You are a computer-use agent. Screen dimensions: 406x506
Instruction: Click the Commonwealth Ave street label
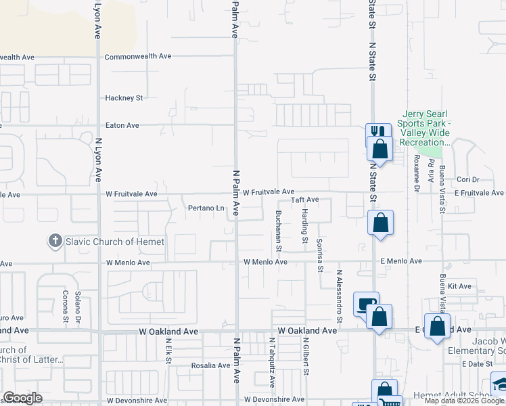pyautogui.click(x=138, y=56)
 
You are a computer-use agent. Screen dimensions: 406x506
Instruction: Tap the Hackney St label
pyautogui.click(x=124, y=98)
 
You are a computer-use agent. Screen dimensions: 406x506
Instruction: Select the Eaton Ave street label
pyautogui.click(x=122, y=125)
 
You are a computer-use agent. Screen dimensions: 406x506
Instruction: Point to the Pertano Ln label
pyautogui.click(x=206, y=208)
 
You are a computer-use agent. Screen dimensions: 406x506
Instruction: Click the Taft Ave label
pyautogui.click(x=304, y=200)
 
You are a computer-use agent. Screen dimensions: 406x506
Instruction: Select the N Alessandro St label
pyautogui.click(x=340, y=296)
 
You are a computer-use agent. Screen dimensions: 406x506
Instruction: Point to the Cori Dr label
pyautogui.click(x=467, y=180)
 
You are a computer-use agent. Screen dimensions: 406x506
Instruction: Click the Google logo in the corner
pyautogui.click(x=22, y=398)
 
